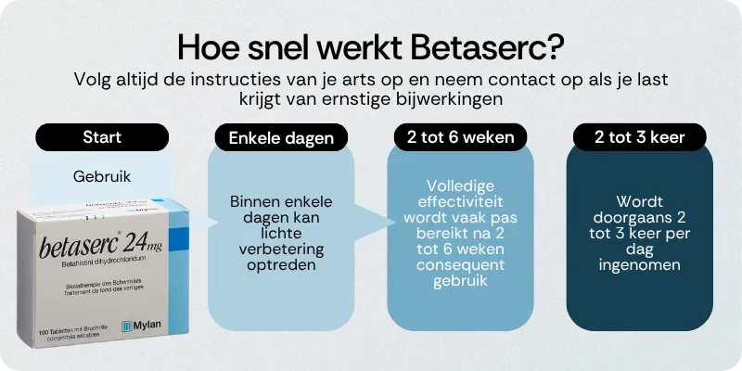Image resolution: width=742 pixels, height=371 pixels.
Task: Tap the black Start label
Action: (x=102, y=137)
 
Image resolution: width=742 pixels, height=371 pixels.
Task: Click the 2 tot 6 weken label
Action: (x=460, y=137)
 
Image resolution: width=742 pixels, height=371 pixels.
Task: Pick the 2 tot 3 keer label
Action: (x=639, y=137)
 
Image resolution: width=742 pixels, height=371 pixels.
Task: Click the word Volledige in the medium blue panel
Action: (x=460, y=185)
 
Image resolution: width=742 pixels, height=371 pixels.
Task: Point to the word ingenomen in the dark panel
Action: (x=639, y=264)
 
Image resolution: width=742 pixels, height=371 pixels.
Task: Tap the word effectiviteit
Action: (x=460, y=201)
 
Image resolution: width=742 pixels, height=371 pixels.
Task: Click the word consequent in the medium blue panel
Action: (x=460, y=265)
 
